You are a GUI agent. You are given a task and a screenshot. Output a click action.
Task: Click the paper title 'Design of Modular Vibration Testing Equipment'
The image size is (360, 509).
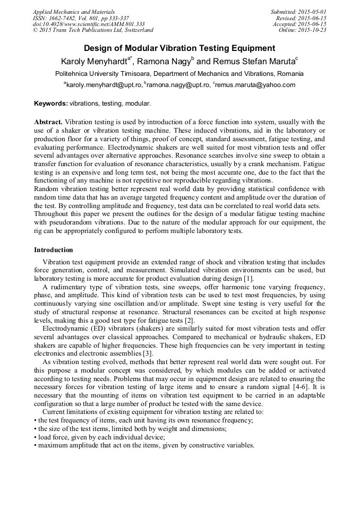tap(179, 48)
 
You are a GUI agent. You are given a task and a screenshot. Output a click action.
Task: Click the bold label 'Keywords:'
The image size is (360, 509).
tap(51, 103)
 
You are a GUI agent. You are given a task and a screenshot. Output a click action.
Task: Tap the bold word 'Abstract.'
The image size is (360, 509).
tap(48, 122)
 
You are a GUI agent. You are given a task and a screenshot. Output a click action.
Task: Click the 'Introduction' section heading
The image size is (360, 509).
tap(54, 249)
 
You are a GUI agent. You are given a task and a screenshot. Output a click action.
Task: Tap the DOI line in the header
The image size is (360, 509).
tap(88, 24)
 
